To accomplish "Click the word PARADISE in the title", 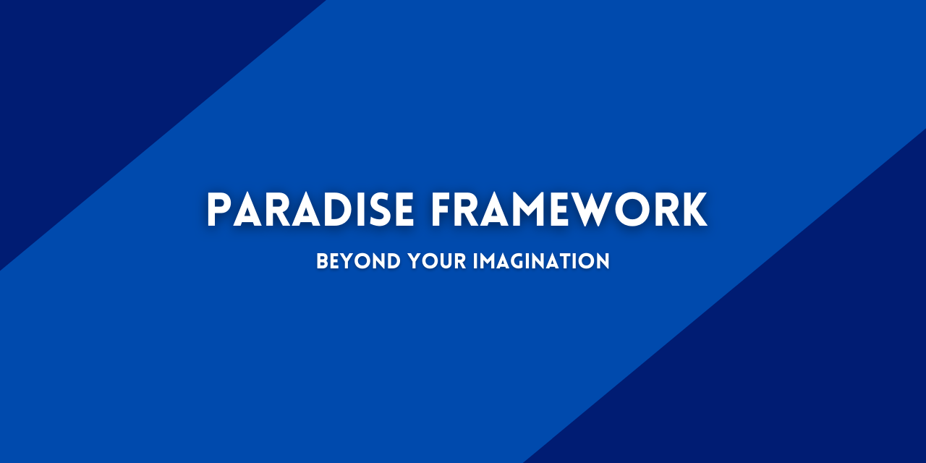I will pos(310,211).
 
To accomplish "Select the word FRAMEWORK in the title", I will pos(569,211).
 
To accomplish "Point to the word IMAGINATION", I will pos(541,261).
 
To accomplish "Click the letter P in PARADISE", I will pos(218,211).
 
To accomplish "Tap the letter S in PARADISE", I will pos(381,211).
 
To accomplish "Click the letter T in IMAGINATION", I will pos(571,261).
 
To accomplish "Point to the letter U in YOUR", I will pos(448,261).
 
